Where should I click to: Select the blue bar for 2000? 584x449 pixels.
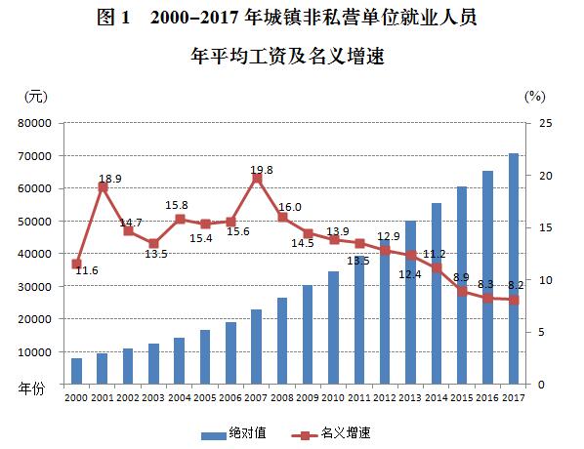coord(77,371)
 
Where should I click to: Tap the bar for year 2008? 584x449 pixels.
coord(282,341)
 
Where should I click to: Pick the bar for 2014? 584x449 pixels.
coord(436,293)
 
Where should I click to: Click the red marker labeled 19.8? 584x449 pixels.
coord(257,178)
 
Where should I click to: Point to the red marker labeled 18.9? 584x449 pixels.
coord(103,186)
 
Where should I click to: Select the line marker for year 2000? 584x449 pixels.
coord(77,264)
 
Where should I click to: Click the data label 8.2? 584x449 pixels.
coord(515,285)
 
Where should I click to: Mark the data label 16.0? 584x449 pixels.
coord(290,207)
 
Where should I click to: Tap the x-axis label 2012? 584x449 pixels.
coord(385,398)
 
